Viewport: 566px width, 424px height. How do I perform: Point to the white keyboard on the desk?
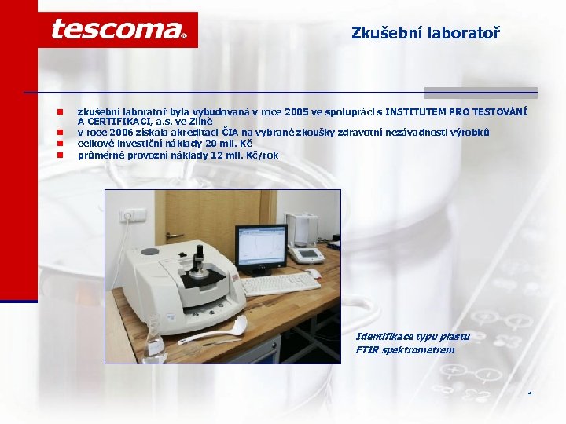[279, 282]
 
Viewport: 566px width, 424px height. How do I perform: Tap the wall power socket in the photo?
[127, 214]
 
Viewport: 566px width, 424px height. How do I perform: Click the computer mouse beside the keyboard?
[314, 274]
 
